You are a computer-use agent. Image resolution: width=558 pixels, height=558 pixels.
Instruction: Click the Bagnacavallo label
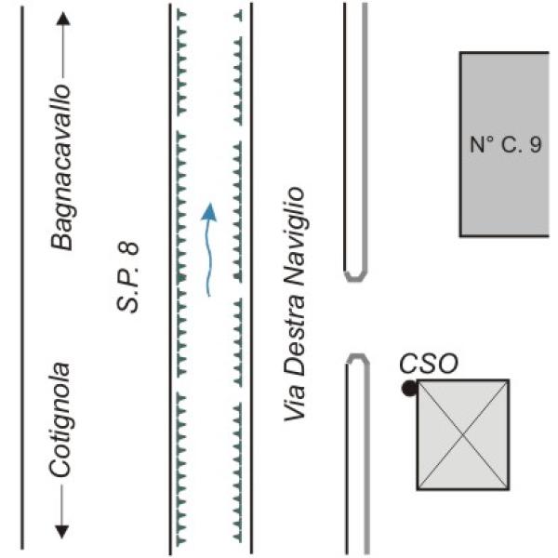click(60, 167)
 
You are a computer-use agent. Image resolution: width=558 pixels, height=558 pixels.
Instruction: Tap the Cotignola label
click(60, 420)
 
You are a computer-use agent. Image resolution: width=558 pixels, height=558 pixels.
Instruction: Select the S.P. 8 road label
click(127, 277)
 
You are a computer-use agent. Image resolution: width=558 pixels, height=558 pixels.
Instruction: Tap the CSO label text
click(429, 364)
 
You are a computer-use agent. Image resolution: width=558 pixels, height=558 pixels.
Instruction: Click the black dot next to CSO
click(409, 388)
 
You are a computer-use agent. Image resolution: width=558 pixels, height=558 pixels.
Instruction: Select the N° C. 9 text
click(506, 144)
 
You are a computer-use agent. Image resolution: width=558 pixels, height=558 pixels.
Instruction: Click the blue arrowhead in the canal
click(209, 211)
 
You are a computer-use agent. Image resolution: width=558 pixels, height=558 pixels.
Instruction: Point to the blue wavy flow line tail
click(208, 294)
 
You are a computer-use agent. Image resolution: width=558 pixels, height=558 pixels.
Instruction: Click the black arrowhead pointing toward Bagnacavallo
click(63, 19)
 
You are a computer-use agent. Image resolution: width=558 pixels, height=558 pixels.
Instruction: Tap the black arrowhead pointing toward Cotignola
click(62, 531)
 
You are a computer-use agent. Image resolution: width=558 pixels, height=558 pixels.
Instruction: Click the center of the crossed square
click(463, 434)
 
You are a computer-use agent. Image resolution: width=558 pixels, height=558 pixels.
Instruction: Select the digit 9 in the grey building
click(536, 144)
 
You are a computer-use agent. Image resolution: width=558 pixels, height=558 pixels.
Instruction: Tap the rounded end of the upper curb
click(355, 278)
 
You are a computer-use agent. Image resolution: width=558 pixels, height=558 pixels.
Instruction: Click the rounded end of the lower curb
click(357, 356)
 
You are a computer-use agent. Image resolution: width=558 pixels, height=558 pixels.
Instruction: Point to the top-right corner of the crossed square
click(509, 380)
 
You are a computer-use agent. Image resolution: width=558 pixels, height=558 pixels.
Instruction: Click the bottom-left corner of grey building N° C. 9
click(461, 235)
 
